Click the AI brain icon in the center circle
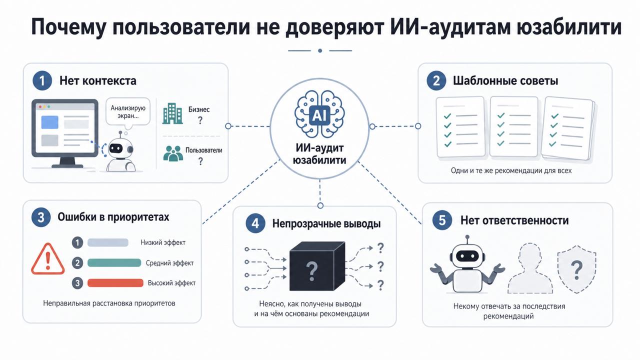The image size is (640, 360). pos(319,115)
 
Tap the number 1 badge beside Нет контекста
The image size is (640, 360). pos(42,81)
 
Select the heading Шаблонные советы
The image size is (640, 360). pos(505,81)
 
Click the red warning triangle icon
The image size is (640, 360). pos(47,259)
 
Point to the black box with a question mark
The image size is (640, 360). pos(317,266)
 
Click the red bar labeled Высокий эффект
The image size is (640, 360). pos(115,283)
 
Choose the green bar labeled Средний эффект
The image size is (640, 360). pos(114,263)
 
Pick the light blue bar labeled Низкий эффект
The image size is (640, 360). pos(107,242)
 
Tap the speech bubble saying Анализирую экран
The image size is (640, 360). pos(127,112)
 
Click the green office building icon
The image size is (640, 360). pos(172,113)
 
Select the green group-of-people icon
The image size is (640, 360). pos(173,153)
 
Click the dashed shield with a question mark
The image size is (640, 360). pos(576,269)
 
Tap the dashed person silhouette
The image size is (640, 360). pos(530,268)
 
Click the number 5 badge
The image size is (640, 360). pos(442,220)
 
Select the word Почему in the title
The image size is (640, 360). pos(68,27)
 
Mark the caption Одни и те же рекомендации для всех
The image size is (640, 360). pos(511,170)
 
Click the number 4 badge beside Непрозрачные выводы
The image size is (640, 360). pos(255,223)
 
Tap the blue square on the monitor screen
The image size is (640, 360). pos(49,122)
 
